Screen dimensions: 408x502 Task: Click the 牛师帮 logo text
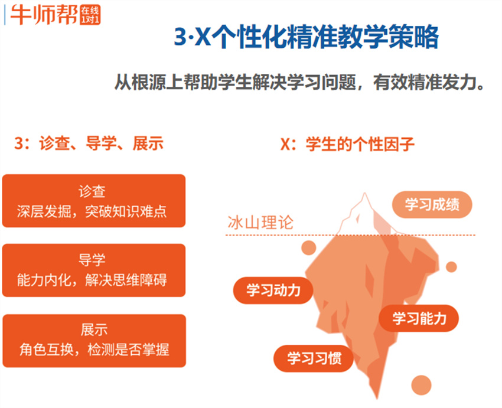click(44, 14)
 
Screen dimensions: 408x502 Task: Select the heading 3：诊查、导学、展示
click(88, 143)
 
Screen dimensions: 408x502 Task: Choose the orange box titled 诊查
click(93, 201)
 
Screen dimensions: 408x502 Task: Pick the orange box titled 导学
click(93, 270)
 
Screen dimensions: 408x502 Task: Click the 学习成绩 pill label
click(433, 205)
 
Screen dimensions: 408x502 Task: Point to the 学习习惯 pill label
click(314, 358)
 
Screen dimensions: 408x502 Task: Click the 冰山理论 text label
click(260, 223)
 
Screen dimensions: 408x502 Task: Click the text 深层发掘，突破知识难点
click(93, 211)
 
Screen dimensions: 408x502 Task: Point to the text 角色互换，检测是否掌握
click(93, 350)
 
